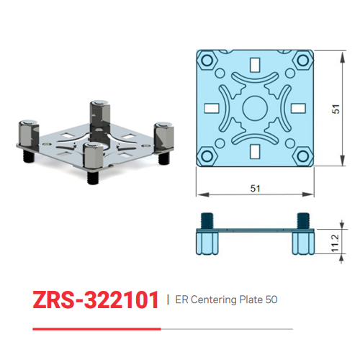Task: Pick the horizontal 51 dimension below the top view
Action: (254, 189)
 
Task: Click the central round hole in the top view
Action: (255, 108)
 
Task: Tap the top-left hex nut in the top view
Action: (207, 60)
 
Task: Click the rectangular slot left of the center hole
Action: (212, 108)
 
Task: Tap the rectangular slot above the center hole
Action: (255, 66)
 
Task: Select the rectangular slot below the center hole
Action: (255, 150)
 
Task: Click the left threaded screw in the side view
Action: (206, 218)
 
